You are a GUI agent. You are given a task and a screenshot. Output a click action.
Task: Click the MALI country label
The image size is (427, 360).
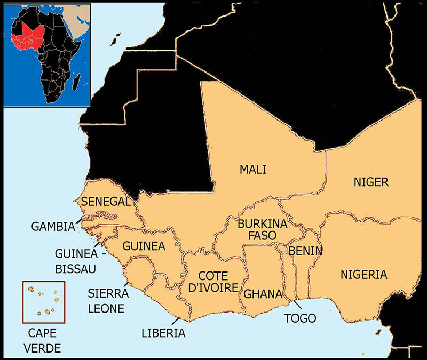252,170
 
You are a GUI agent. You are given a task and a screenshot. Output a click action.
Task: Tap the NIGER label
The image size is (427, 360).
371,182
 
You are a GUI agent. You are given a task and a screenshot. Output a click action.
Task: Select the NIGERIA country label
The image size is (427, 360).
363,275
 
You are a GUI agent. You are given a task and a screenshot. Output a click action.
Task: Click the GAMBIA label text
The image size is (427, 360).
53,226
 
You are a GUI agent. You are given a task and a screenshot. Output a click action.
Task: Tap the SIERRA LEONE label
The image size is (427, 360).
106,300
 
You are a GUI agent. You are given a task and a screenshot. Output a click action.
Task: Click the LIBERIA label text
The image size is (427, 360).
163,333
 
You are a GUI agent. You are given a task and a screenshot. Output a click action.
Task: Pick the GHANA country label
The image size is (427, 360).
263,294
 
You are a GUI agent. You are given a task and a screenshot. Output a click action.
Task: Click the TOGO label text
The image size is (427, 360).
301,318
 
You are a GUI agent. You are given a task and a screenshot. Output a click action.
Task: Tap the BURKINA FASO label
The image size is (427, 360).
262,229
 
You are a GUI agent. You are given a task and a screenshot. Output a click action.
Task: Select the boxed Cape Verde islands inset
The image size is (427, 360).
44,302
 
